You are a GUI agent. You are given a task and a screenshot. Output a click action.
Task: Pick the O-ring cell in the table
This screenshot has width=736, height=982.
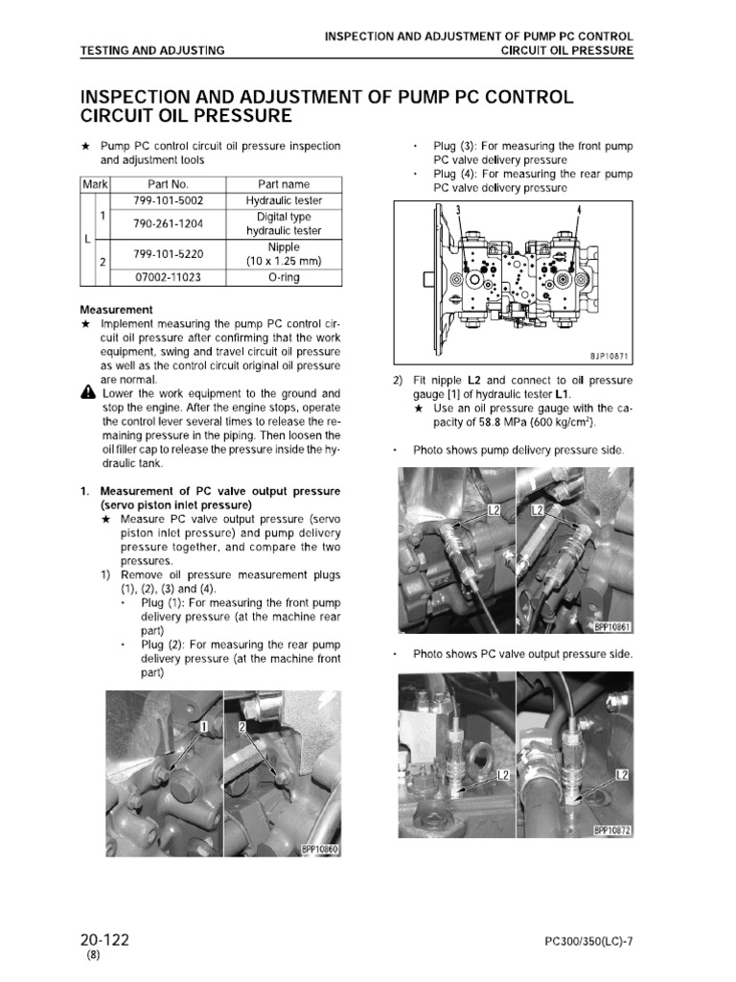point(284,278)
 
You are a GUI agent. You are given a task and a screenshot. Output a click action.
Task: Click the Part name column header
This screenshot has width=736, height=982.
point(284,184)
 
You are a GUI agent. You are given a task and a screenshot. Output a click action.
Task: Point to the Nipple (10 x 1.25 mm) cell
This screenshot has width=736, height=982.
point(284,254)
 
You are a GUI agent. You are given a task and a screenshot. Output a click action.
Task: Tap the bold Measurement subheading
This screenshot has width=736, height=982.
point(116,310)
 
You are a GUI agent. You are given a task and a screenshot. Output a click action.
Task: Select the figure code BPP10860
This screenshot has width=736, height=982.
point(321,848)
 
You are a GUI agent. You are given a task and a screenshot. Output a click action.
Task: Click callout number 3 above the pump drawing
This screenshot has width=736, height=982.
point(458,210)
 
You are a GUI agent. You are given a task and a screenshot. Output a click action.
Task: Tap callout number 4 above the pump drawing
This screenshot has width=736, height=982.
point(580,210)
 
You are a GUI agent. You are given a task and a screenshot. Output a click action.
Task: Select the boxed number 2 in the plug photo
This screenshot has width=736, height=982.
point(242,729)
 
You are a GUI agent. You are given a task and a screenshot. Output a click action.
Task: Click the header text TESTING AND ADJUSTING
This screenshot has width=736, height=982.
point(152,50)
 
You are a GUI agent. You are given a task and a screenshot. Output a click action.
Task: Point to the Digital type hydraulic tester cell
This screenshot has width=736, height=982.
point(284,223)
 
